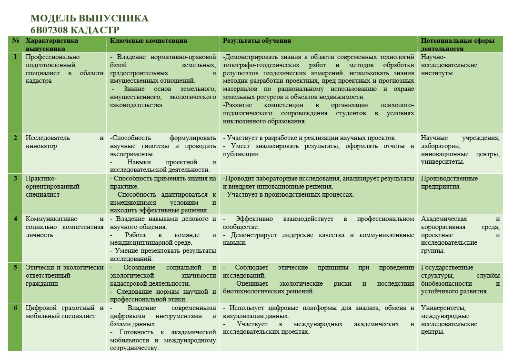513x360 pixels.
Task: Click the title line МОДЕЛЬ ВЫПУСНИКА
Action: pyautogui.click(x=89, y=19)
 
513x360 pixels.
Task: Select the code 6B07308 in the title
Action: pyautogui.click(x=46, y=30)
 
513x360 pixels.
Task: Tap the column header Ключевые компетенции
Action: pyautogui.click(x=149, y=41)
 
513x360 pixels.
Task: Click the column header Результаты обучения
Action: pyautogui.click(x=257, y=41)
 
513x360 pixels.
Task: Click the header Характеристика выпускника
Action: pyautogui.click(x=51, y=44)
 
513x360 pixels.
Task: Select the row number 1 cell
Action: pyautogui.click(x=16, y=57)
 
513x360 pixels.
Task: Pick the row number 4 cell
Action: pyautogui.click(x=16, y=219)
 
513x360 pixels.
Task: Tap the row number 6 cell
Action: pyautogui.click(x=16, y=308)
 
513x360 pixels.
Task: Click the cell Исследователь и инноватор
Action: pyautogui.click(x=64, y=142)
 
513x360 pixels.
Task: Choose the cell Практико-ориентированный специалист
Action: pyautogui.click(x=52, y=186)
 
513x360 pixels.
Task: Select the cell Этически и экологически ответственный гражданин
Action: pyautogui.click(x=64, y=275)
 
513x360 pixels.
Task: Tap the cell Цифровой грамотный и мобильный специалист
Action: pyautogui.click(x=64, y=311)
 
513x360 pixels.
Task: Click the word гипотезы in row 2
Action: pyautogui.click(x=150, y=146)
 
